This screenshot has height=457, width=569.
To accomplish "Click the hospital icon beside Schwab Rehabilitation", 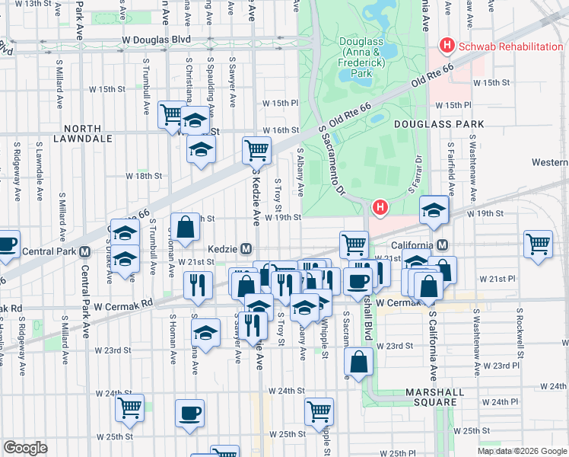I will click(x=447, y=46).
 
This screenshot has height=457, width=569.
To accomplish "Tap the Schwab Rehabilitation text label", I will click(x=510, y=46).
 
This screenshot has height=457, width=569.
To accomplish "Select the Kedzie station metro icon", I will click(x=246, y=249).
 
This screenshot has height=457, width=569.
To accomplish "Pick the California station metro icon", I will click(x=442, y=244).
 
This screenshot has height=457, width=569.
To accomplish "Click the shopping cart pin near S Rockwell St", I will click(x=538, y=244).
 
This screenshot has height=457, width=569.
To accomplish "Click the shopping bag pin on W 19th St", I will click(x=185, y=225).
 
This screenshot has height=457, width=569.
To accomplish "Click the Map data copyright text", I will click(x=521, y=451).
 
